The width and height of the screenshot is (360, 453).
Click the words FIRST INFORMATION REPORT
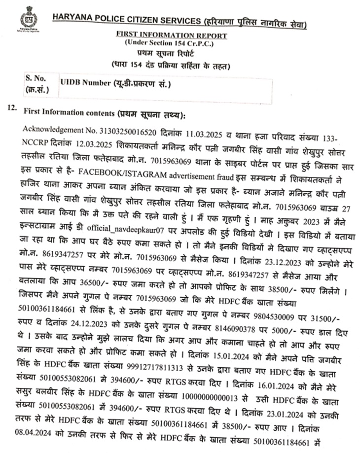pos(171,35)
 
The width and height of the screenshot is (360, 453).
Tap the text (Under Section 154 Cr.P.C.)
pos(171,42)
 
